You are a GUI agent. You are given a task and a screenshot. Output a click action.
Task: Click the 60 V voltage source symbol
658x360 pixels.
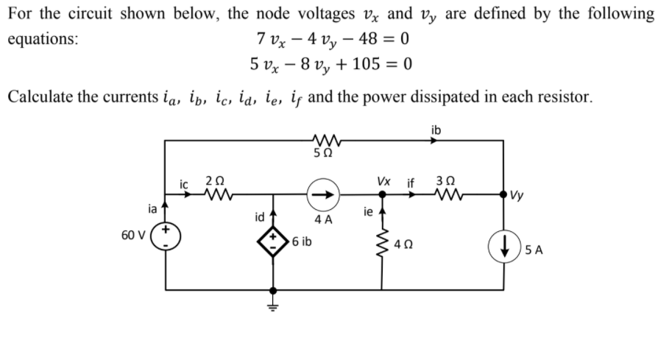[166, 238]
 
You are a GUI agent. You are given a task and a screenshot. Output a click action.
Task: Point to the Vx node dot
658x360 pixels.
[382, 195]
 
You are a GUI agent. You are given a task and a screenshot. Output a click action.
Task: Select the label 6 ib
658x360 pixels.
[301, 241]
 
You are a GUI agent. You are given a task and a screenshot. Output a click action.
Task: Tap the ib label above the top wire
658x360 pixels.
[436, 130]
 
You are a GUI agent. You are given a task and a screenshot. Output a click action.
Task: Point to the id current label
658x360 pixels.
[259, 217]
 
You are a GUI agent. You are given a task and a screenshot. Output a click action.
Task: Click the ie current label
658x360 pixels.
[369, 212]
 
